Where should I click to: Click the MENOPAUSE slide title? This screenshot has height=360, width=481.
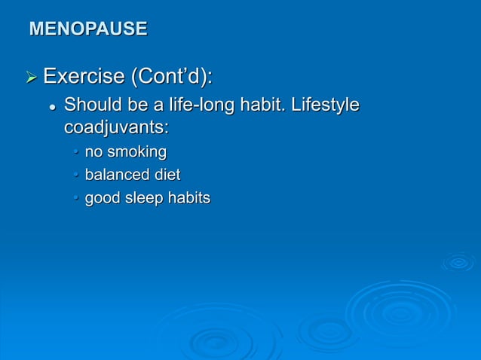[x=87, y=29]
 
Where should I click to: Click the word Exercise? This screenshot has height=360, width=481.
[x=84, y=77]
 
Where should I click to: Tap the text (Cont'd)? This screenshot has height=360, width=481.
[x=173, y=77]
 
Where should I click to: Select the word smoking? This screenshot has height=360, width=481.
[x=136, y=153]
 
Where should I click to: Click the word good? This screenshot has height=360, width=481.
[x=101, y=199]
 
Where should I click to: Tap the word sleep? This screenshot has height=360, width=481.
[x=142, y=199]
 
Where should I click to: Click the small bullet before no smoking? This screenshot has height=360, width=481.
[x=75, y=154]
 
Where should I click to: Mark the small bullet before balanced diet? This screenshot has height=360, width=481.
[x=75, y=176]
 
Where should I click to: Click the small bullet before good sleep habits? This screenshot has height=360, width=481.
[x=75, y=200]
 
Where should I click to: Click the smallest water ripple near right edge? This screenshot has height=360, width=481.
[x=458, y=262]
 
